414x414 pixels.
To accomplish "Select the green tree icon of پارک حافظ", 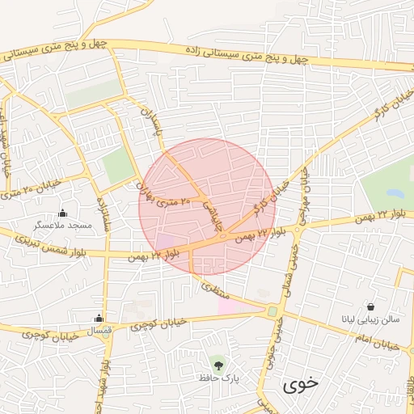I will [x=217, y=361].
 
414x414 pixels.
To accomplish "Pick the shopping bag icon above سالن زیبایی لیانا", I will [x=370, y=307].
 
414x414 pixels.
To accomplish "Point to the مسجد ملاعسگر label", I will [x=62, y=226].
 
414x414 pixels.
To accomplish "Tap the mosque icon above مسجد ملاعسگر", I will [x=62, y=213].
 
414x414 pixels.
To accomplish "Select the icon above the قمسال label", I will [x=99, y=318].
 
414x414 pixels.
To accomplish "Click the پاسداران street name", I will [x=153, y=121].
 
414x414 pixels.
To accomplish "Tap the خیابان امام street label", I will [x=381, y=344].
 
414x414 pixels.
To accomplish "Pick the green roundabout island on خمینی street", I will [x=272, y=311].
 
